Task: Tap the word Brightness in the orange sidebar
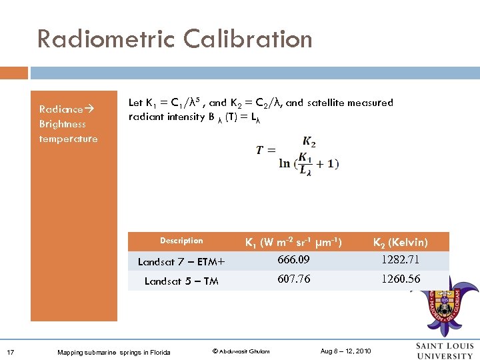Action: pyautogui.click(x=63, y=124)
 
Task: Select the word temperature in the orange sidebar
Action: pyautogui.click(x=68, y=139)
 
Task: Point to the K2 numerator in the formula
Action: pyautogui.click(x=309, y=141)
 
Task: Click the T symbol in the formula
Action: pyautogui.click(x=261, y=151)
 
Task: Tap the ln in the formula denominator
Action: pyautogui.click(x=285, y=163)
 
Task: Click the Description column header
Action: pyautogui.click(x=181, y=241)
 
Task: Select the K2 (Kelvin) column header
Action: pyautogui.click(x=400, y=242)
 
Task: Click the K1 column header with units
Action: pyautogui.click(x=293, y=242)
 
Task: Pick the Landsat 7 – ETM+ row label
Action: pyautogui.click(x=181, y=261)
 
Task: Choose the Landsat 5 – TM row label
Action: pyautogui.click(x=181, y=281)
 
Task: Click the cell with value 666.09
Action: pyautogui.click(x=294, y=259)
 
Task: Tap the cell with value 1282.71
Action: pyautogui.click(x=400, y=259)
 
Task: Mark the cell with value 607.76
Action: pyautogui.click(x=294, y=279)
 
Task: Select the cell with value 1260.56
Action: pyautogui.click(x=400, y=279)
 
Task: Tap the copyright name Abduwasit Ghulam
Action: pyautogui.click(x=241, y=351)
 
